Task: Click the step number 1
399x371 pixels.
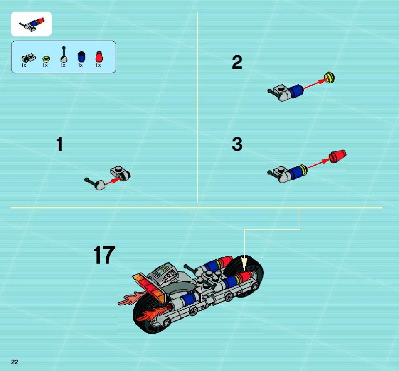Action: click(59, 144)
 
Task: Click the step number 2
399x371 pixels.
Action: click(237, 63)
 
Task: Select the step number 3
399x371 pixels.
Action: click(237, 144)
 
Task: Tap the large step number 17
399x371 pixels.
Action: click(104, 255)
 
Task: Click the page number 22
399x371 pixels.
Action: click(15, 362)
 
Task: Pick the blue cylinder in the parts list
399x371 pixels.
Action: click(81, 57)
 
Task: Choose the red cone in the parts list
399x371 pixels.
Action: click(99, 57)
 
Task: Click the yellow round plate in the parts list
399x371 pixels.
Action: click(46, 59)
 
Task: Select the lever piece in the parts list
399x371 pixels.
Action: click(64, 55)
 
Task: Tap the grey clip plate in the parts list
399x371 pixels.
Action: click(29, 59)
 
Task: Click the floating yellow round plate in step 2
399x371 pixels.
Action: click(329, 78)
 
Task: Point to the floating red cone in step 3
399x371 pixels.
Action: click(337, 156)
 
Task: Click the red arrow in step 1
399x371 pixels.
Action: click(113, 181)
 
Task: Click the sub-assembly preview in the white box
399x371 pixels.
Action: click(32, 24)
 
